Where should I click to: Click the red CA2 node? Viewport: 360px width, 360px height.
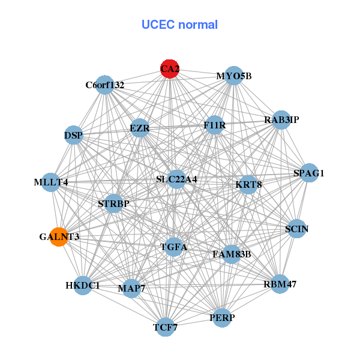pyautogui.click(x=170, y=68)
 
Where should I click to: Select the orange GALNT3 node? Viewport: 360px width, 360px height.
pyautogui.click(x=58, y=237)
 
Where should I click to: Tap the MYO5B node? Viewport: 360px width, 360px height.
pyautogui.click(x=233, y=76)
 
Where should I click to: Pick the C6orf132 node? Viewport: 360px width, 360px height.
pyautogui.click(x=104, y=85)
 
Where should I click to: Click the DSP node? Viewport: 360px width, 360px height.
pyautogui.click(x=73, y=135)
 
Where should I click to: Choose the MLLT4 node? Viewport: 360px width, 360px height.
pyautogui.click(x=50, y=182)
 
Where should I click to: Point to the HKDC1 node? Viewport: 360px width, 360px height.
pyautogui.click(x=83, y=285)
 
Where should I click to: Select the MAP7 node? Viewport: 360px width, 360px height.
pyautogui.click(x=131, y=289)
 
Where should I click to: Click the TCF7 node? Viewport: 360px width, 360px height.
pyautogui.click(x=165, y=327)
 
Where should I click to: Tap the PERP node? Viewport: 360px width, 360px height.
pyautogui.click(x=222, y=317)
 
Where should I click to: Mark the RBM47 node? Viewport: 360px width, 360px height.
pyautogui.click(x=280, y=283)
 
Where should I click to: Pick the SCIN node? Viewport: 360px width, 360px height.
pyautogui.click(x=297, y=229)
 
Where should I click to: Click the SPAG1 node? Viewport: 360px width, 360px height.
pyautogui.click(x=308, y=173)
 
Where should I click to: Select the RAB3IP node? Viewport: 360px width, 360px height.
pyautogui.click(x=281, y=120)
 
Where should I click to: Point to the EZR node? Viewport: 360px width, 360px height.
pyautogui.click(x=139, y=128)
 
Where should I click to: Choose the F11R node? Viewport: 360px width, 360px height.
pyautogui.click(x=214, y=125)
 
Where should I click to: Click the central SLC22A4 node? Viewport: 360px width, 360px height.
pyautogui.click(x=176, y=179)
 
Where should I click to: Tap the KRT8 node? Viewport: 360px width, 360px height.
pyautogui.click(x=248, y=184)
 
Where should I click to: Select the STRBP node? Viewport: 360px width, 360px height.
pyautogui.click(x=113, y=203)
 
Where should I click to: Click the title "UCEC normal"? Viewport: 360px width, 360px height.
pyautogui.click(x=179, y=25)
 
